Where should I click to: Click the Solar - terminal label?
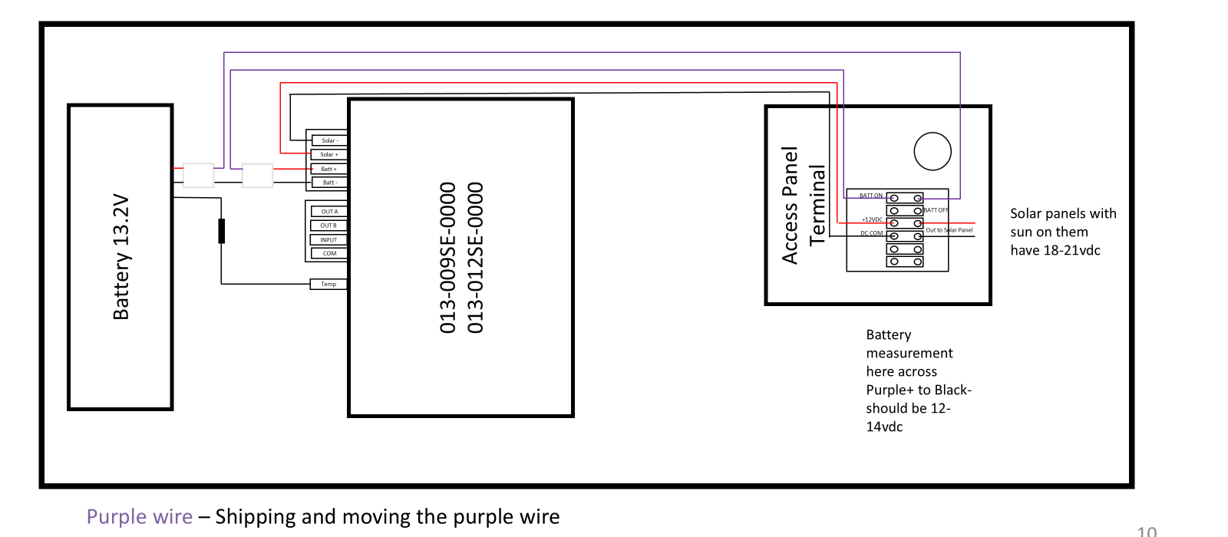click(329, 140)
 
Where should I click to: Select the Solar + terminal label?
click(329, 154)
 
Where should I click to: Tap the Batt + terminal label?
click(329, 169)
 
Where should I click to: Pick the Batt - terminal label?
click(329, 183)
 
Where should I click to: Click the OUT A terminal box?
click(329, 212)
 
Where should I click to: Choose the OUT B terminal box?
click(329, 226)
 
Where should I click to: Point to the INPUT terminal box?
click(329, 240)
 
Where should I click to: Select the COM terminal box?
click(329, 253)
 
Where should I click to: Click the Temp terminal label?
click(328, 284)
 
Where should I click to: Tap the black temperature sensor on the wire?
click(222, 231)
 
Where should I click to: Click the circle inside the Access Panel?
click(933, 151)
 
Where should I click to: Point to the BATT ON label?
click(870, 196)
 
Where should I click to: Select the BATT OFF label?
click(936, 210)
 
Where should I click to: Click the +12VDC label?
click(872, 220)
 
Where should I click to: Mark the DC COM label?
click(871, 233)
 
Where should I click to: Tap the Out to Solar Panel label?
click(949, 230)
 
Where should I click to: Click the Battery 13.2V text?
click(121, 257)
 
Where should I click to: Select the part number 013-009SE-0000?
click(447, 258)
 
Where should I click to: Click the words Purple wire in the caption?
click(139, 517)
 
